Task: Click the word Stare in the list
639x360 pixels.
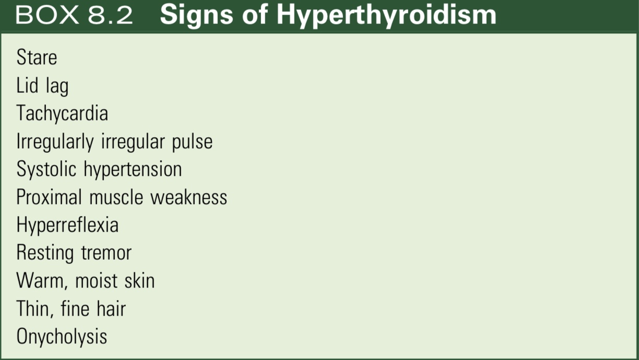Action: (x=37, y=57)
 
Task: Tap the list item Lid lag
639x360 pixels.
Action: (x=42, y=86)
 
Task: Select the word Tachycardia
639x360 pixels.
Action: (x=62, y=114)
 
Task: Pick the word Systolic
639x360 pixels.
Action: (x=46, y=170)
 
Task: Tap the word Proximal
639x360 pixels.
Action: (x=49, y=197)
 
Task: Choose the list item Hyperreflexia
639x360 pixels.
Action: (x=67, y=225)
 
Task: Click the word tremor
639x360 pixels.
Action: (x=106, y=253)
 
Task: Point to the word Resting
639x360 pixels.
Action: (x=45, y=254)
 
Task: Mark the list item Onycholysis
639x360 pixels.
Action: (x=62, y=337)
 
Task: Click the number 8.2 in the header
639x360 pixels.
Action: (x=110, y=16)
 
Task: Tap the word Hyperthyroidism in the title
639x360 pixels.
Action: (x=386, y=16)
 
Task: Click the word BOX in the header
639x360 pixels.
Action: (x=46, y=16)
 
